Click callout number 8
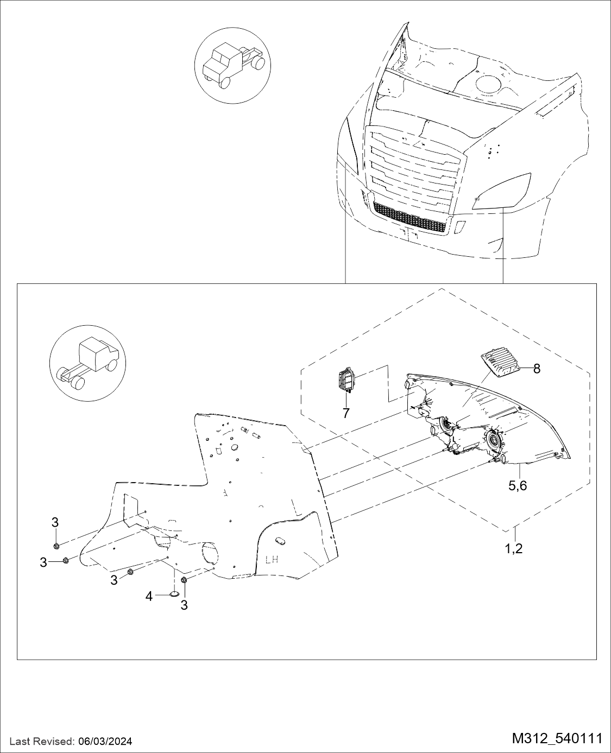[x=537, y=369]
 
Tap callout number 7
[x=346, y=413]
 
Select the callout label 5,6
[x=518, y=486]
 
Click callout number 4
[x=149, y=597]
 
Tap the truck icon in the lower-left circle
[x=87, y=364]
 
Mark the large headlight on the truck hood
[x=501, y=191]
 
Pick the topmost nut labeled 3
[x=56, y=546]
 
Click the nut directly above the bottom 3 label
[x=184, y=580]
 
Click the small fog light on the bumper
[x=460, y=226]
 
